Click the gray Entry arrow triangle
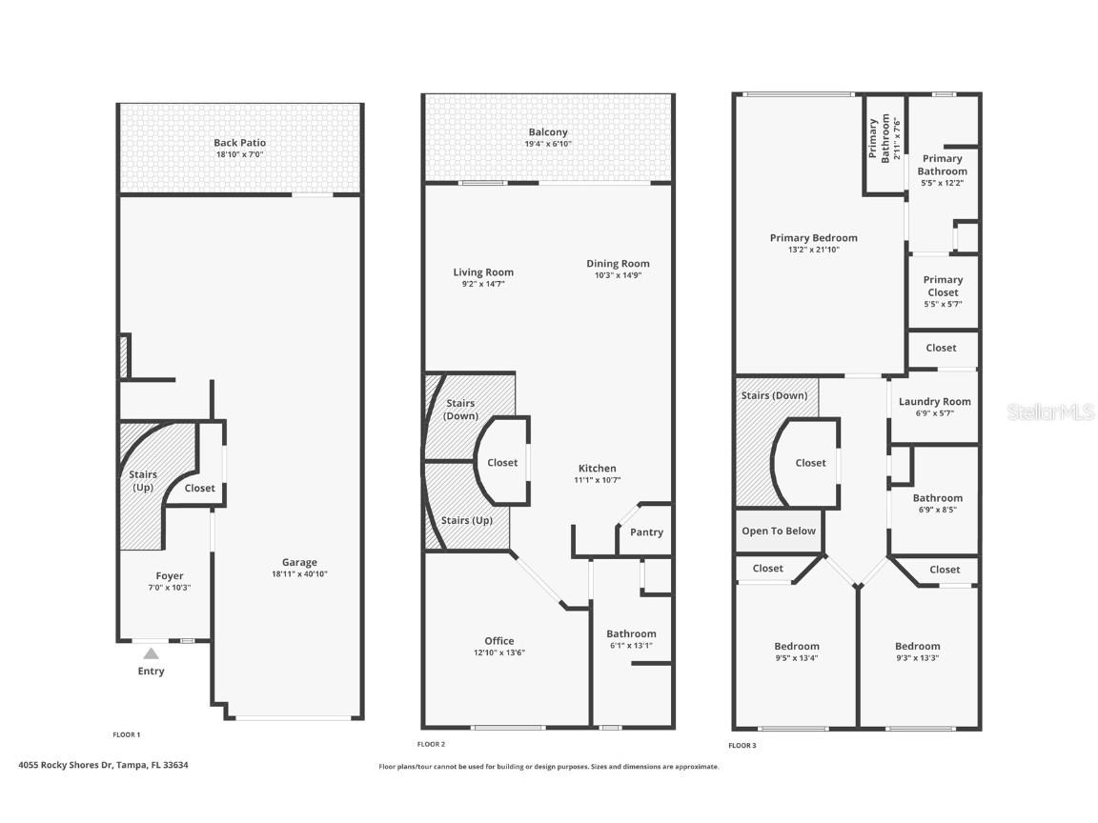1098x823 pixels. [151, 653]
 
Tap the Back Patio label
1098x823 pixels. [239, 143]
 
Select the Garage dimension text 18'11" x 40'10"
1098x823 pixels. [298, 574]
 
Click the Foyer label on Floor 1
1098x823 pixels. [170, 575]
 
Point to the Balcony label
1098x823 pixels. [548, 132]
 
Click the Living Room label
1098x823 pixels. [483, 272]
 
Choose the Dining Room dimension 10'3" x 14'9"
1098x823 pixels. [618, 276]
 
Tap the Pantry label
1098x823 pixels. [646, 532]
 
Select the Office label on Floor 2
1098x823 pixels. [498, 641]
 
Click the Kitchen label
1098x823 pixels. [598, 468]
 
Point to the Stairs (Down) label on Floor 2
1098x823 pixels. [460, 410]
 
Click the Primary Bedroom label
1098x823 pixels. [813, 238]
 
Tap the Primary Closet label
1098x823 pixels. [943, 286]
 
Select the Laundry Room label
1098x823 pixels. [934, 402]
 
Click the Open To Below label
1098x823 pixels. [779, 531]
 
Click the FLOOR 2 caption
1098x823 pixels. [431, 744]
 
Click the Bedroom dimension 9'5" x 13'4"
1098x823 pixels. [796, 657]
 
